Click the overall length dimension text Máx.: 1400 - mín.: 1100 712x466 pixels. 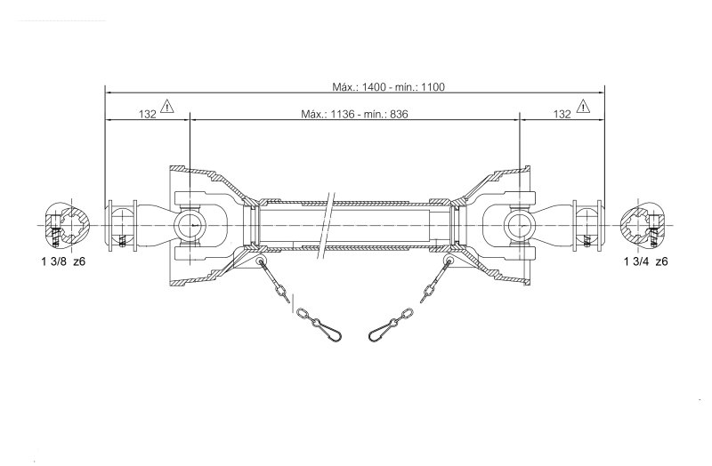389,86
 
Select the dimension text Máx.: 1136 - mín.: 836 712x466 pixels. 354,114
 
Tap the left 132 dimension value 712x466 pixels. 147,114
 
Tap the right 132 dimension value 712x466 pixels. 562,114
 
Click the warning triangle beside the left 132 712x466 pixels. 167,106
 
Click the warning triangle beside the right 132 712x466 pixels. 583,106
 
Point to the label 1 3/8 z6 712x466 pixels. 63,261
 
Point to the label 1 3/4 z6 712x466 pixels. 646,261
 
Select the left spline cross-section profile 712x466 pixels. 68,226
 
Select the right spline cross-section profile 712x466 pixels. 643,226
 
